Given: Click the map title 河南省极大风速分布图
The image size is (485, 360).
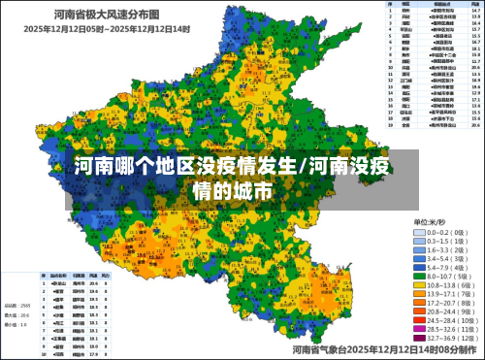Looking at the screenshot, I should pos(108,14).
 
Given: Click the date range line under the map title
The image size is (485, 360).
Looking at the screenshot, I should pos(106,28).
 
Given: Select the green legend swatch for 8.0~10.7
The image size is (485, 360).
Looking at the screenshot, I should pos(420,276).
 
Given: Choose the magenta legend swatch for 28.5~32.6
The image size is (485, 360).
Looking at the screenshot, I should pos(420,329).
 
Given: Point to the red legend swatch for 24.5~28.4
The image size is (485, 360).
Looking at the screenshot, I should pos(420,318).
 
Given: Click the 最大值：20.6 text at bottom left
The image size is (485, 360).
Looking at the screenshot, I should pos(19,316).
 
